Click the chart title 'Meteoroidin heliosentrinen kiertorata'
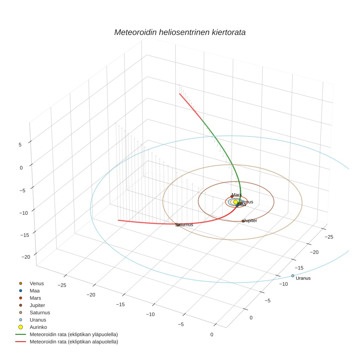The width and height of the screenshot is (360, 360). tap(180, 32)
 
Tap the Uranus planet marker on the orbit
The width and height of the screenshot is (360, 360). tap(293, 275)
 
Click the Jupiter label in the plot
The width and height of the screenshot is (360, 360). tap(251, 221)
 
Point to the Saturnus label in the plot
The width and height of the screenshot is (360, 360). tap(184, 225)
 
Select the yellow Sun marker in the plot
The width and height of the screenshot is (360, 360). tap(236, 202)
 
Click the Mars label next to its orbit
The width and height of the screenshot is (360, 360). tap(237, 195)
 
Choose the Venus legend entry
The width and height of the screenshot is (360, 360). tap(37, 283)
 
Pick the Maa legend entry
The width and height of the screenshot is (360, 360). tap(34, 290)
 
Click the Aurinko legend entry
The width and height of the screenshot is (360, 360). tap(38, 327)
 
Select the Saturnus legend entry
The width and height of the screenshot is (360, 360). tap(40, 312)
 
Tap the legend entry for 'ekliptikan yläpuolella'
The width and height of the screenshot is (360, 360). tap(74, 334)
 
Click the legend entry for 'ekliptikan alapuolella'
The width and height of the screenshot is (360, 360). tap(74, 342)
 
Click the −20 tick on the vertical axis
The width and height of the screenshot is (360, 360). tap(26, 257)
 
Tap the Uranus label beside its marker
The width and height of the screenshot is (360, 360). tap(303, 278)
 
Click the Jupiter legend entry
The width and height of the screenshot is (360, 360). tap(37, 305)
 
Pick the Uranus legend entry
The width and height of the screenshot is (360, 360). tap(38, 320)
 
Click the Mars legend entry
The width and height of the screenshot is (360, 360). tap(35, 298)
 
